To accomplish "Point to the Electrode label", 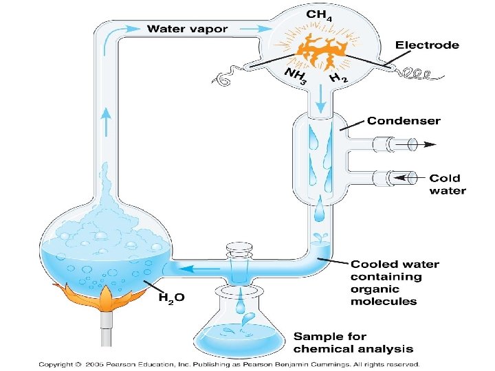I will point(426,45).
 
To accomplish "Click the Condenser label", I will point(404,121).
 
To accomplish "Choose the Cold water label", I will point(448,184).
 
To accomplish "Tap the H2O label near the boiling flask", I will point(171,297).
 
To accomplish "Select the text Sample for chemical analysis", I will point(352,342).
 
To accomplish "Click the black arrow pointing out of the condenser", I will point(429,145).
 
